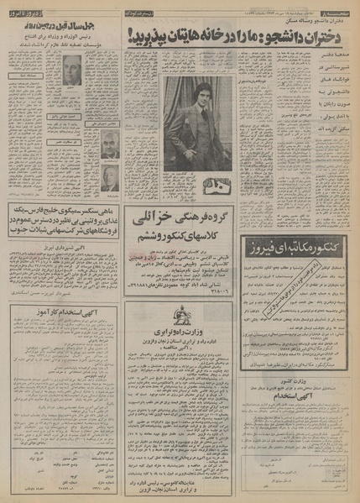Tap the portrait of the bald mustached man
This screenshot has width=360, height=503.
(x=109, y=142)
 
